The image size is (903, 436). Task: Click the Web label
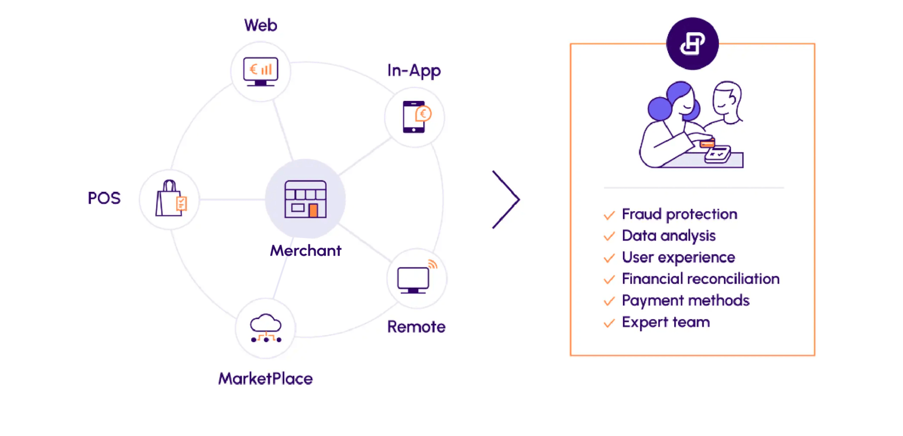point(261,26)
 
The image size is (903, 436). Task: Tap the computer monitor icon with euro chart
point(261,71)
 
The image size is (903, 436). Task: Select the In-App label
point(414,71)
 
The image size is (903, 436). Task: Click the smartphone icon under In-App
point(414,117)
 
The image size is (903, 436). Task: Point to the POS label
point(104,198)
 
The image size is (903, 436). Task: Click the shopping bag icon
point(170,199)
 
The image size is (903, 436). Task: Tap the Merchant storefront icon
point(306,199)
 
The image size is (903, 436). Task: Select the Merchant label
point(306,251)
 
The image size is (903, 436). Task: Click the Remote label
point(416,327)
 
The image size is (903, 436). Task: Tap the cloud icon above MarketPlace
point(265,328)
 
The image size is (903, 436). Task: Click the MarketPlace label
point(265,379)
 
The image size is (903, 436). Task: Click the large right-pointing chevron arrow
point(506,199)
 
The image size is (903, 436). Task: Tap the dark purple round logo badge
point(692,44)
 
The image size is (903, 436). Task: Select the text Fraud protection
point(679,214)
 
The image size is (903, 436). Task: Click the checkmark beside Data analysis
point(609,236)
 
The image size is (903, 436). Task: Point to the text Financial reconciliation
point(701,279)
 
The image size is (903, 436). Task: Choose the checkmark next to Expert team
point(609,323)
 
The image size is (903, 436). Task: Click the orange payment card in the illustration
point(707,144)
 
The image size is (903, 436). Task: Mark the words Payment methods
point(686,301)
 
